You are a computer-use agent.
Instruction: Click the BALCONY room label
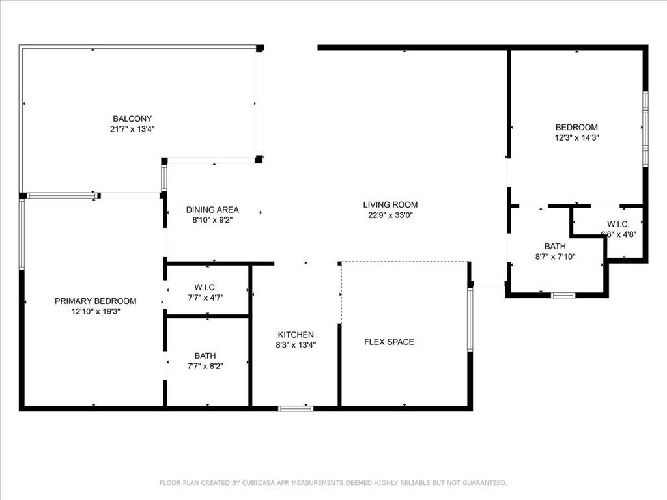coord(132,118)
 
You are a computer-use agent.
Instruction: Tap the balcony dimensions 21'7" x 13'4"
coord(132,129)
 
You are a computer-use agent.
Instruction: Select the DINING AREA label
coord(212,210)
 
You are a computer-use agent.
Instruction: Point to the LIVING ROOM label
coord(390,204)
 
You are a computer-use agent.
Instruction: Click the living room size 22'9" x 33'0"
coord(390,215)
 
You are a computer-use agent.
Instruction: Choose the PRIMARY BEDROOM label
coord(95,301)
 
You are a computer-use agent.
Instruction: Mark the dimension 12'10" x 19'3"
coord(95,311)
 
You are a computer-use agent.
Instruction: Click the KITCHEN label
coord(296,335)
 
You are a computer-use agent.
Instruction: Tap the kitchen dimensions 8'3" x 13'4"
coord(296,345)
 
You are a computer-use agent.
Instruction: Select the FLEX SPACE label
coord(389,342)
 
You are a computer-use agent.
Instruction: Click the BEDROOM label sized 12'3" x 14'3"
coord(576,127)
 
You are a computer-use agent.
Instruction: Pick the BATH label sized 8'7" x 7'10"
coord(555,246)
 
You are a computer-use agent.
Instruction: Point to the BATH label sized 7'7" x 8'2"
coord(205,355)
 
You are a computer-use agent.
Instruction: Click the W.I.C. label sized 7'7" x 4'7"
coord(205,287)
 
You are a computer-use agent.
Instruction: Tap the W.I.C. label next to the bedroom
coord(618,224)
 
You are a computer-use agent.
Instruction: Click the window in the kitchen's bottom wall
coord(296,408)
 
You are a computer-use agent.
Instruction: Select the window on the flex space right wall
coord(470,320)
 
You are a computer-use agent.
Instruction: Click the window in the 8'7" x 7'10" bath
coord(563,295)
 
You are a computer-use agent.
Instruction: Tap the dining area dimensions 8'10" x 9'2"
coord(212,220)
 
